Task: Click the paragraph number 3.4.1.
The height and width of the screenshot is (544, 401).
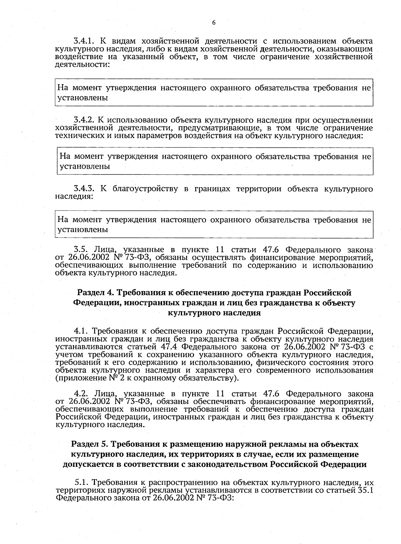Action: point(85,41)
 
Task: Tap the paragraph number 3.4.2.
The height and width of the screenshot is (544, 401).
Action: point(85,120)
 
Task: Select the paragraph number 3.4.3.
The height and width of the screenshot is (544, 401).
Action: point(85,189)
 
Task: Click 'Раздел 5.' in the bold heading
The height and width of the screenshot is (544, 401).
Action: point(89,445)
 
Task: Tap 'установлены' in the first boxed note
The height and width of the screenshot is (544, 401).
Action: point(83,98)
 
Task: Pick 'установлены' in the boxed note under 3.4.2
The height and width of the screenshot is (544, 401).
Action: point(85,166)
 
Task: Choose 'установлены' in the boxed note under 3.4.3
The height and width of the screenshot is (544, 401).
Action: point(83,230)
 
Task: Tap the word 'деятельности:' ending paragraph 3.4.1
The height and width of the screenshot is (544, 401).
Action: point(82,65)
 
